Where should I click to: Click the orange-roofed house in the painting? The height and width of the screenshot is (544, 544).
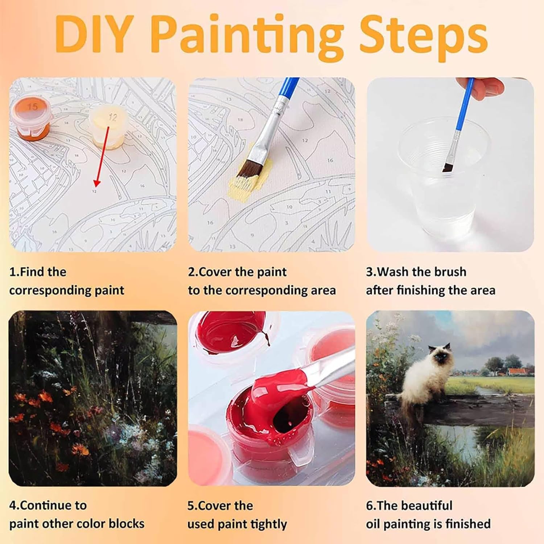click(520, 371)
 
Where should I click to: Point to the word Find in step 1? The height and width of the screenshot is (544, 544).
click(32, 272)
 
